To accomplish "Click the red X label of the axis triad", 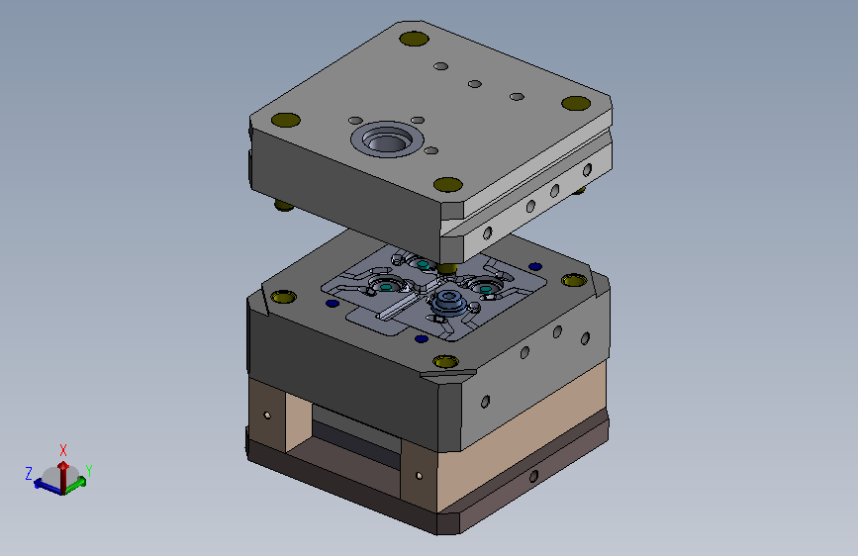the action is [x=63, y=450].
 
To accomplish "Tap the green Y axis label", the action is [x=89, y=471].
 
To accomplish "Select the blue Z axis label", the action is [x=29, y=473].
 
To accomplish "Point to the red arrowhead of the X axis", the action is [x=63, y=466].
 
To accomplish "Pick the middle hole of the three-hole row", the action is [x=474, y=84].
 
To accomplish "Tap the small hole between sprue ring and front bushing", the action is [x=431, y=150].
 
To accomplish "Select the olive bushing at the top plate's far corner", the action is [x=414, y=39].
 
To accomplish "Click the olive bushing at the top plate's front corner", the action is [x=448, y=184].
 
